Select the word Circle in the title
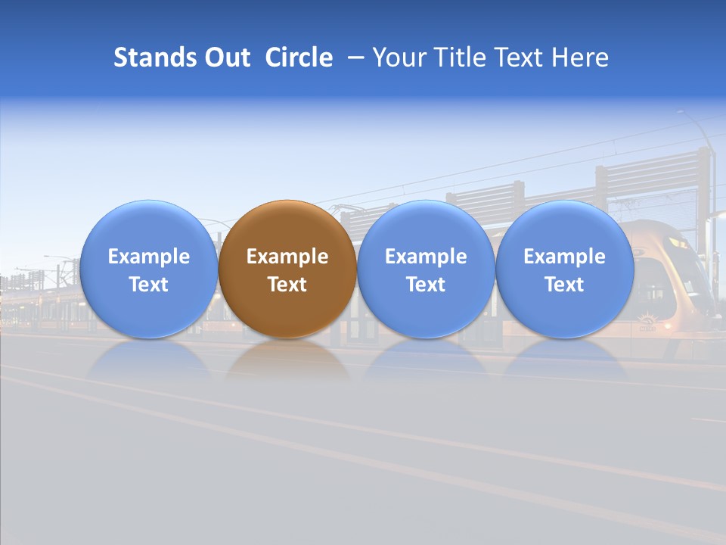click(x=299, y=58)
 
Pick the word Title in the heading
click(x=464, y=58)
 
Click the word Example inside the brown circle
click(x=287, y=257)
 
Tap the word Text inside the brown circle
click(x=287, y=285)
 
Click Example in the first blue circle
click(x=149, y=257)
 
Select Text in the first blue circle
click(x=149, y=285)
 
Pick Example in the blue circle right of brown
click(x=426, y=257)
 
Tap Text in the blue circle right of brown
click(x=426, y=285)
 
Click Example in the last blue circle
click(x=564, y=257)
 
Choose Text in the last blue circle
click(x=564, y=285)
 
